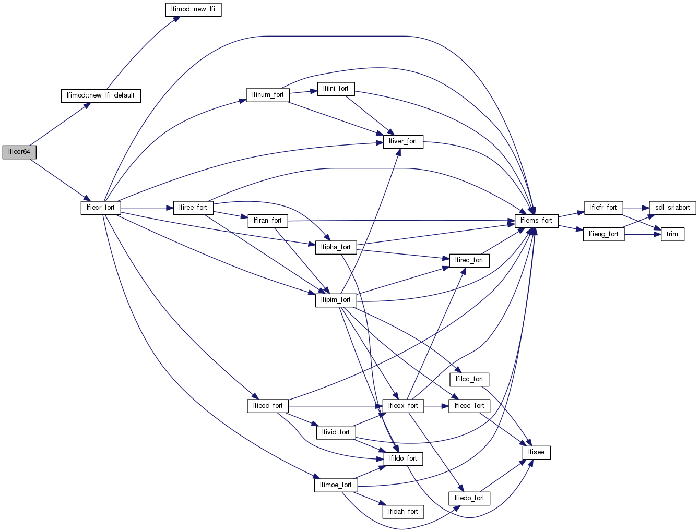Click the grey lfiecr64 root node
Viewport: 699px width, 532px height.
coord(19,152)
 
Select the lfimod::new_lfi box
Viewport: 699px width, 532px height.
coord(193,10)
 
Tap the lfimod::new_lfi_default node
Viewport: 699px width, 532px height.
coord(101,95)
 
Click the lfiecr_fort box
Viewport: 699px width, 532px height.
coord(101,208)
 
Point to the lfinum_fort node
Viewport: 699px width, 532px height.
coord(268,95)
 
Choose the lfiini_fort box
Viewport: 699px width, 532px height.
coord(336,89)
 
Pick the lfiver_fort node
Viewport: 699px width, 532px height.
coord(403,141)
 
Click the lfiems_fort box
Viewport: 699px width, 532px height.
coord(536,221)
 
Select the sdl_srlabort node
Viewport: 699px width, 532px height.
coord(672,208)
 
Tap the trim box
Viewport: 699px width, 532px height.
coord(672,234)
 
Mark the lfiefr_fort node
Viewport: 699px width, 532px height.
coord(603,208)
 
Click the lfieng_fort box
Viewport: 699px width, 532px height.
coord(603,234)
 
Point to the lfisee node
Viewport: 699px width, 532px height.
coord(536,452)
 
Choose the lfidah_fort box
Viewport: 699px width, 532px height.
coord(403,512)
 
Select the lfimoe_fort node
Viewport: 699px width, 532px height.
coord(336,485)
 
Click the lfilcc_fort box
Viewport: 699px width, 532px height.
coord(469,379)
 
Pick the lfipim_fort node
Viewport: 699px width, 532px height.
coord(336,300)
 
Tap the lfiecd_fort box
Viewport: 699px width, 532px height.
coord(268,406)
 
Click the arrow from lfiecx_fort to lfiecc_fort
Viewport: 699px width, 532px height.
coord(436,406)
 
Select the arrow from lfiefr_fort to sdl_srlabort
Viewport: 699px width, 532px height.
coord(636,208)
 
